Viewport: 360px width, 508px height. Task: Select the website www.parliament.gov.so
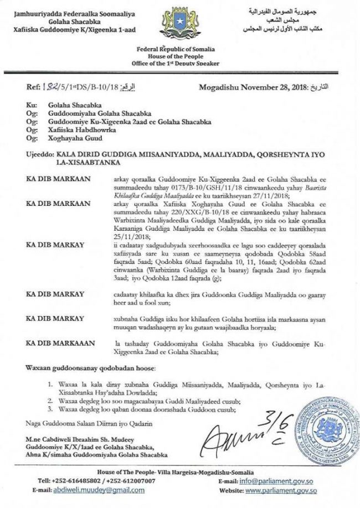click(281, 490)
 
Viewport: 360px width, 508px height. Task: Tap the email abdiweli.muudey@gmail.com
click(102, 490)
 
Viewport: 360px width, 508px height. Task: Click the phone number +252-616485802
click(78, 481)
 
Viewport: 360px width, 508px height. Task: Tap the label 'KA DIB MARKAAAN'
click(56, 344)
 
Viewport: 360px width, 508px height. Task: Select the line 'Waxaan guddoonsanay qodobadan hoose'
click(91, 368)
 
